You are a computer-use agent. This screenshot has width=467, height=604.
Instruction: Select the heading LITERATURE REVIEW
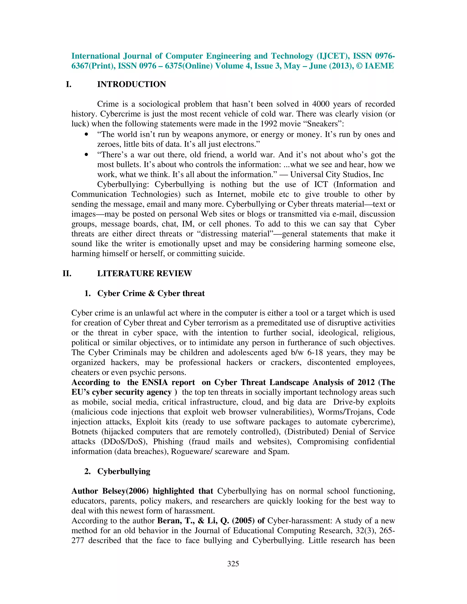[144, 274]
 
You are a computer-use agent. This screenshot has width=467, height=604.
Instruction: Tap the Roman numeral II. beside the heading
[67, 274]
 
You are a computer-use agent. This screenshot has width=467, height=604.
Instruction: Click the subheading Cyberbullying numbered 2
[124, 471]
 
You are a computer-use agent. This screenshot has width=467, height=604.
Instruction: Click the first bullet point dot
[87, 135]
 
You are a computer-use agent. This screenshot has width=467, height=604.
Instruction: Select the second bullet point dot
[87, 155]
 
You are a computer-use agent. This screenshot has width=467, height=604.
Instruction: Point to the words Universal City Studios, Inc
[337, 175]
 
